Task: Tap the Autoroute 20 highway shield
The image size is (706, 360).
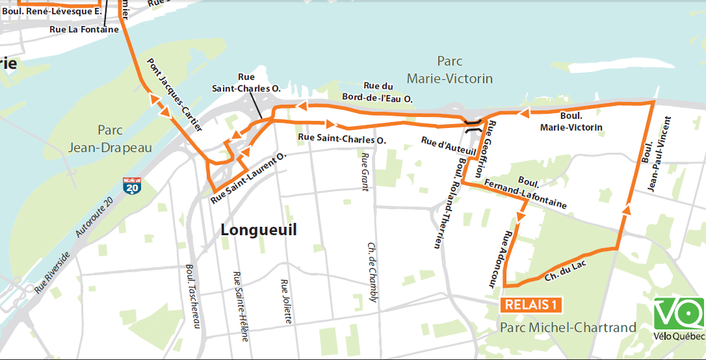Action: pos(132,186)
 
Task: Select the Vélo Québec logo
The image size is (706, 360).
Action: pos(679,319)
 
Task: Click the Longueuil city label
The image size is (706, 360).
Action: pos(258,230)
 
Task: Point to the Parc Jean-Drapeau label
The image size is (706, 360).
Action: pos(110,139)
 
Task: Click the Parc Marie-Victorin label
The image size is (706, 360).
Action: pos(449,70)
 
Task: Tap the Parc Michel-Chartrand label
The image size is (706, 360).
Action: pos(568,328)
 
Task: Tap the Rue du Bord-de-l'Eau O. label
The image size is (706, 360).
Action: pos(388,92)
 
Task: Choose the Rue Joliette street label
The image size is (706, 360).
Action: pos(285,302)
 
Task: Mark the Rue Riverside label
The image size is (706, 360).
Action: pos(52,271)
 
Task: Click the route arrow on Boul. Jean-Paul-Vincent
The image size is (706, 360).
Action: pos(627,209)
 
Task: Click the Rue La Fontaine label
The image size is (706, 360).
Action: pos(84,29)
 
